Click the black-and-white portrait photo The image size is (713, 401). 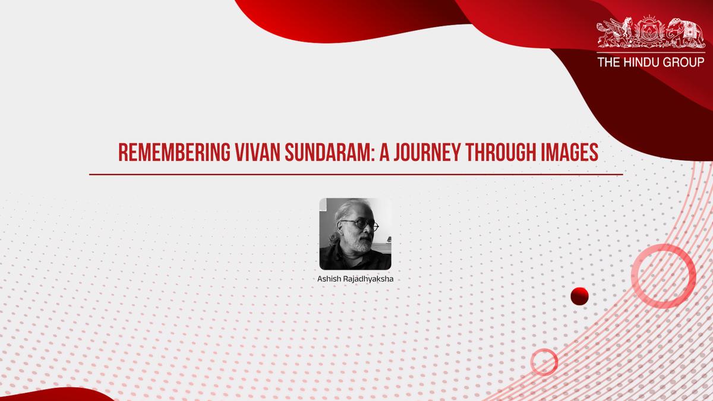[355, 233]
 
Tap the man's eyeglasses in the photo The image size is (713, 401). [359, 225]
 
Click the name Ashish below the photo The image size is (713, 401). [330, 278]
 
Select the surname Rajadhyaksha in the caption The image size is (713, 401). [369, 278]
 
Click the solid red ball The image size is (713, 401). [579, 295]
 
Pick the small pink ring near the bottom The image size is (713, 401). [544, 361]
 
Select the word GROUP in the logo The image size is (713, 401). [686, 62]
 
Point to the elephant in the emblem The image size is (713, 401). [683, 33]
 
